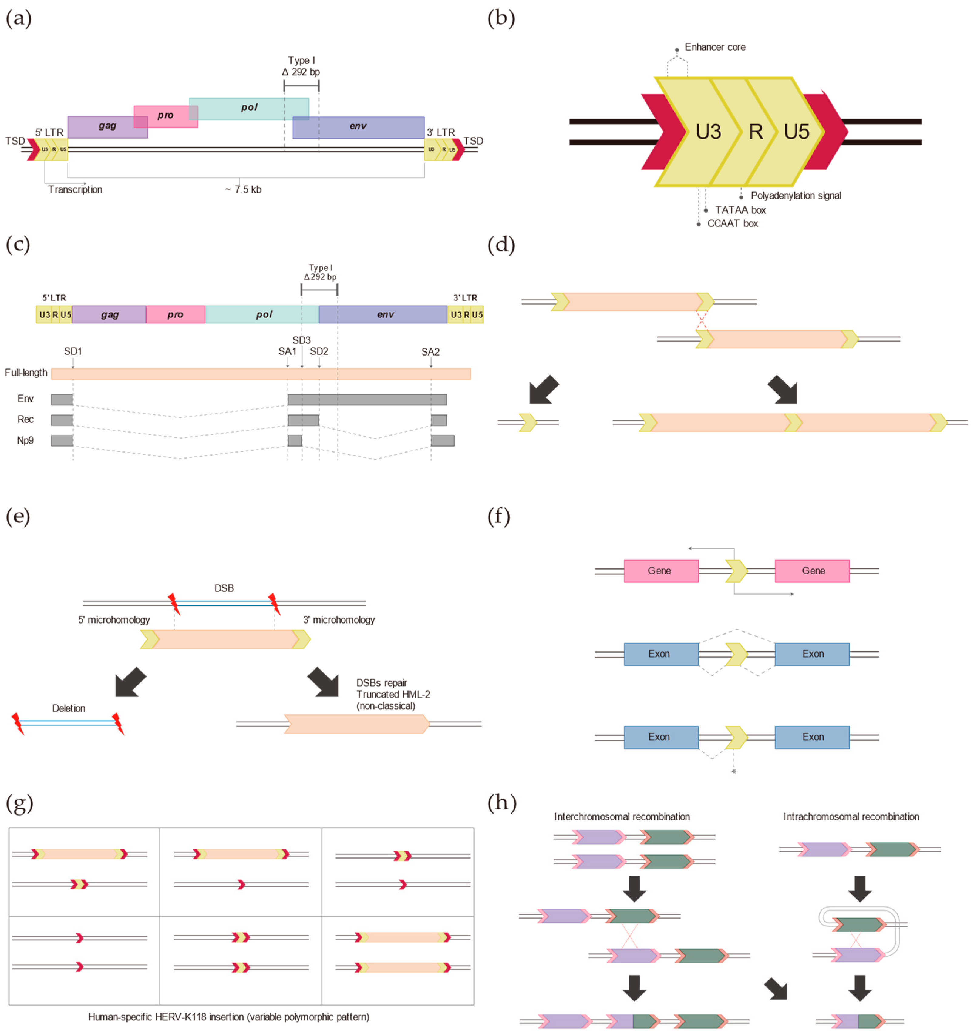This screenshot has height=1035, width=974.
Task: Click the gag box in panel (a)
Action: coord(107,126)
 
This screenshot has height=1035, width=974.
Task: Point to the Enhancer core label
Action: coord(715,47)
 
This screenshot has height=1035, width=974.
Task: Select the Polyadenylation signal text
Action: coord(795,196)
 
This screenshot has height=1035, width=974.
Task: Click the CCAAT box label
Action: coord(732,224)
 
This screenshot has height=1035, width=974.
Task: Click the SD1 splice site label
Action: coord(73,351)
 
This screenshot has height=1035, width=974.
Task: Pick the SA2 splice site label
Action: coord(430,352)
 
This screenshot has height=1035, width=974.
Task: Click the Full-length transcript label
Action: coord(26,373)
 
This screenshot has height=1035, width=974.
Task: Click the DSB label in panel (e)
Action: coord(224,588)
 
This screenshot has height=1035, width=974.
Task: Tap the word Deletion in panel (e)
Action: coord(69,708)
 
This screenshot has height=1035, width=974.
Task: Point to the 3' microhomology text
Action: coord(339,620)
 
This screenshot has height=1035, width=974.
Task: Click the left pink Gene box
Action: coord(660,571)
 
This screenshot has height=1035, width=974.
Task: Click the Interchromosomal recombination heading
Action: coord(622,817)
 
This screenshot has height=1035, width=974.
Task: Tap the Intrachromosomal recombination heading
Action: coord(851,817)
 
